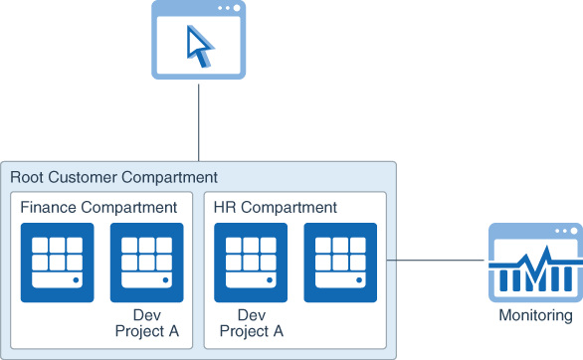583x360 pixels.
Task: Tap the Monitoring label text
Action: tap(535, 316)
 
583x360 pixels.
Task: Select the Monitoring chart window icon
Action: tap(534, 263)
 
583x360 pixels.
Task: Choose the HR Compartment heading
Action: tap(276, 208)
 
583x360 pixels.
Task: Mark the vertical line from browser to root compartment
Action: tap(200, 120)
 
